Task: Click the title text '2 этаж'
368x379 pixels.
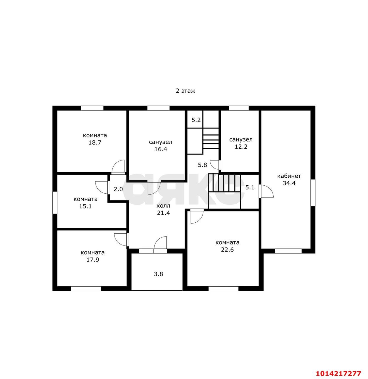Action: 185,91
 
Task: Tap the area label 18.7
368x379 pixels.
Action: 95,142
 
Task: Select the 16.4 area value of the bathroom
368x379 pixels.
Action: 161,149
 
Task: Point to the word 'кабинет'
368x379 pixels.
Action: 289,176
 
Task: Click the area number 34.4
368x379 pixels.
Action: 289,183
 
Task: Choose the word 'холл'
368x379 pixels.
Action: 164,206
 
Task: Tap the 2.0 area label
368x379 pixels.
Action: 118,189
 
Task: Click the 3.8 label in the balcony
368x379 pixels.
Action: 158,274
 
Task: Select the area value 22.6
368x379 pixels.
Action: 227,250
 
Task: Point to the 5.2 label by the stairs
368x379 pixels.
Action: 196,120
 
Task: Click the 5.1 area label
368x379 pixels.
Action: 250,187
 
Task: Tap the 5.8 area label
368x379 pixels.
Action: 202,165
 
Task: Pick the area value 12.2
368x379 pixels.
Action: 241,147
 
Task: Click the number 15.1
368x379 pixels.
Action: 85,206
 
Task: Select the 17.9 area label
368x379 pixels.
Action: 93,260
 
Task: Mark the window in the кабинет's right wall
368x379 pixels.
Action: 313,193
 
